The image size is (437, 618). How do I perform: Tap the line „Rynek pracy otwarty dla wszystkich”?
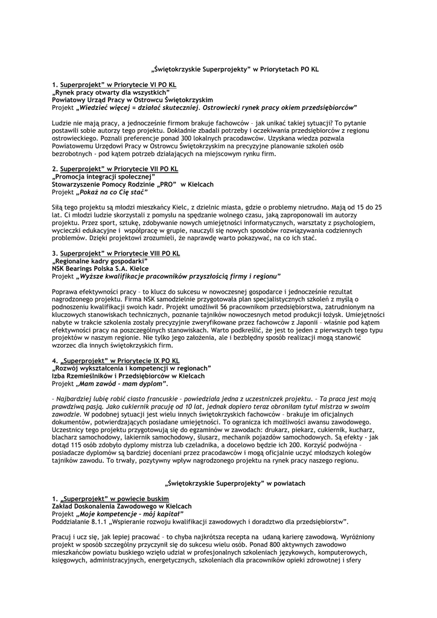tap(111, 92)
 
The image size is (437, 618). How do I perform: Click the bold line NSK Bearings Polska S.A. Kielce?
tap(100, 268)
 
